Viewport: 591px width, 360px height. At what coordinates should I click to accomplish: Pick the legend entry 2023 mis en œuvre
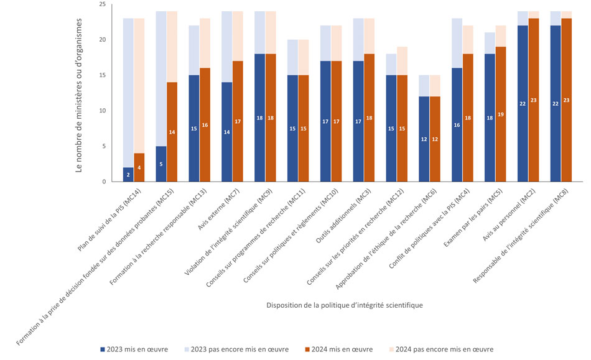click(134, 349)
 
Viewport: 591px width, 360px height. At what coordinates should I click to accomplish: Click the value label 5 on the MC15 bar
click(161, 165)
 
